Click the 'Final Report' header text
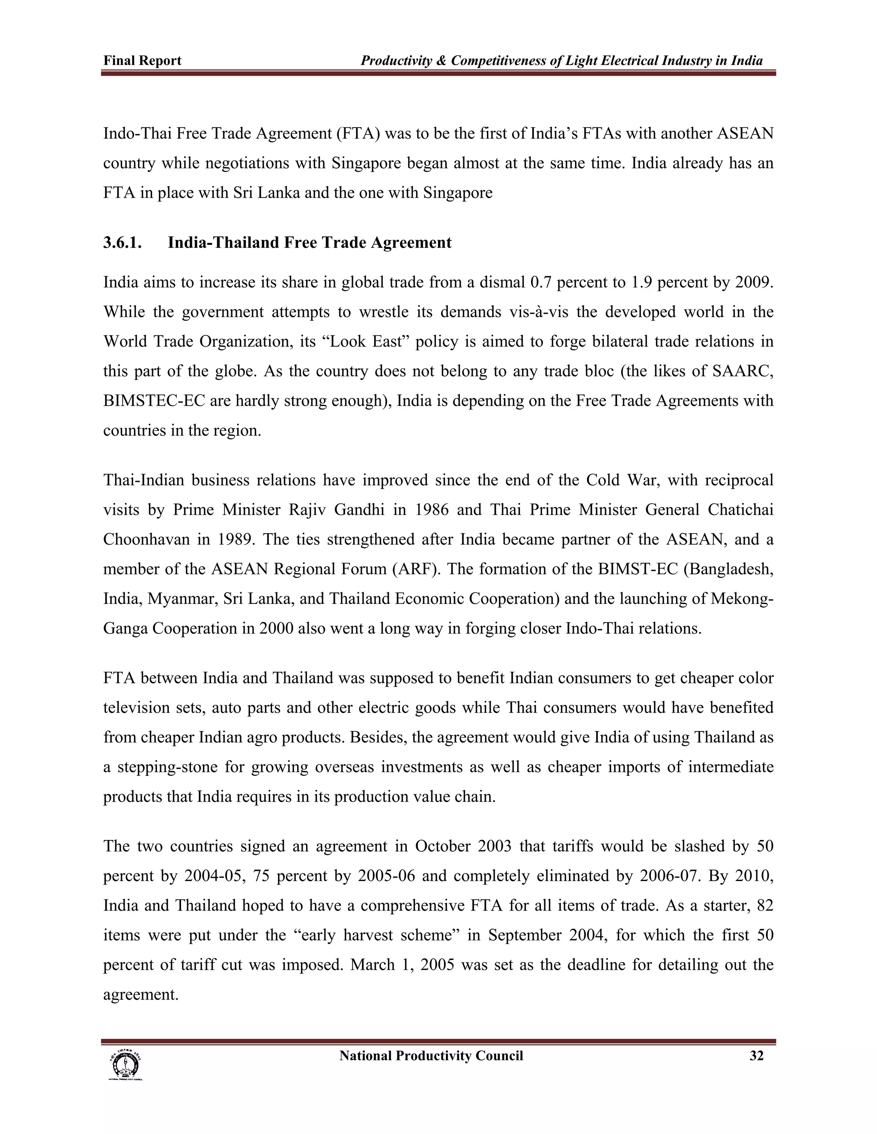(142, 61)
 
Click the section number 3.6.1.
(122, 243)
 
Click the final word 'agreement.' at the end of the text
(141, 994)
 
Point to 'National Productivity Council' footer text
(431, 1056)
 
